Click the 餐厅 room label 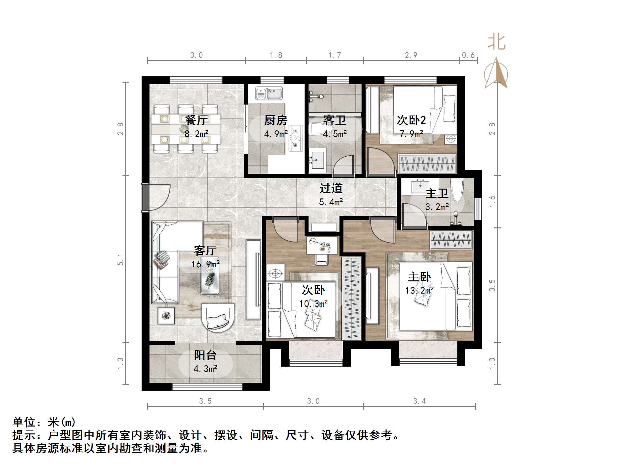tap(196, 120)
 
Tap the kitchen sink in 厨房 tap(269, 93)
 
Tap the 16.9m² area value tap(205, 264)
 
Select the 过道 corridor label tap(331, 188)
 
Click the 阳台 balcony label tap(205, 355)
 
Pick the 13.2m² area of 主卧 tap(419, 291)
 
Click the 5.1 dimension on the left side tap(121, 260)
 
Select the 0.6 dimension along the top tap(468, 55)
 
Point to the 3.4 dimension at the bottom tap(420, 401)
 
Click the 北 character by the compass tap(496, 42)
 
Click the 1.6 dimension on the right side tap(492, 201)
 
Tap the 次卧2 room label tap(411, 120)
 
